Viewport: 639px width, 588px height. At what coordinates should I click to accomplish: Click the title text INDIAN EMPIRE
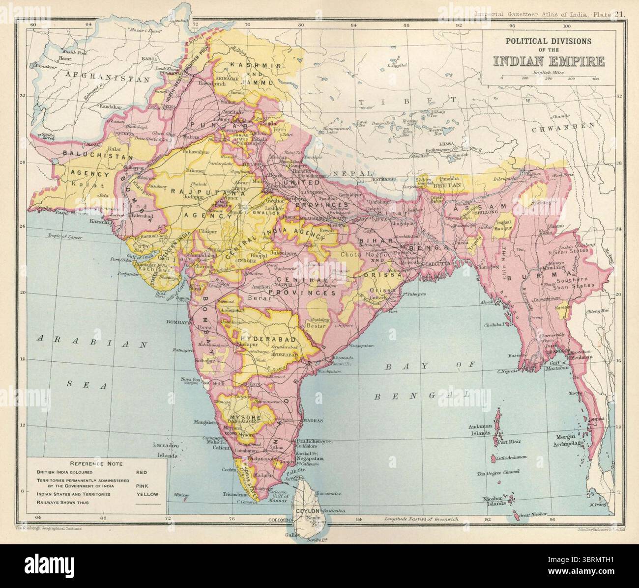549,61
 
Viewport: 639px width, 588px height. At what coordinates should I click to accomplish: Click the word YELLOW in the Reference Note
147,494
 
